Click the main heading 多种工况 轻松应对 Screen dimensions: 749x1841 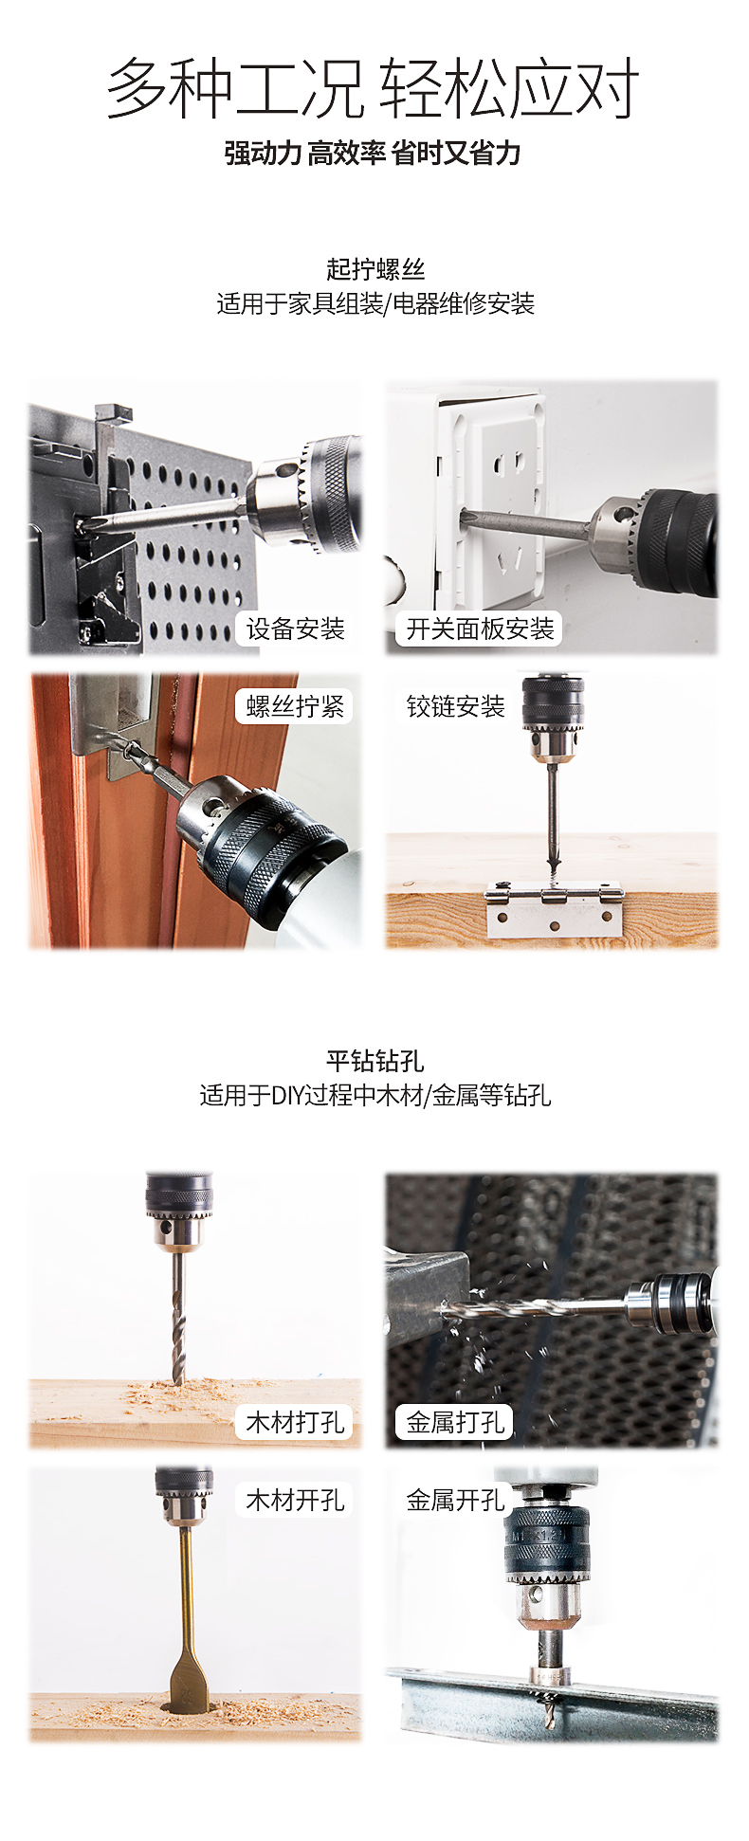coord(373,88)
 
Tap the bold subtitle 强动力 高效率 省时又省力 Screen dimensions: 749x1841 coord(373,153)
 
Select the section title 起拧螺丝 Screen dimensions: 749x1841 coord(375,269)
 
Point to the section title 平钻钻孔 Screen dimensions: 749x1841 coord(375,1061)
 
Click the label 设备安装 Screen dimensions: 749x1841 coord(295,629)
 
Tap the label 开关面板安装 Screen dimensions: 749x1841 coord(480,629)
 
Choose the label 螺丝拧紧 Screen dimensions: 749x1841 coord(295,706)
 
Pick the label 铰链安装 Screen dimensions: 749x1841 coord(455,706)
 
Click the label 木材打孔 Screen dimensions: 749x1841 coord(295,1422)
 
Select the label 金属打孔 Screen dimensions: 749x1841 coord(455,1422)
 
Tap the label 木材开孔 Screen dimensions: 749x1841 coord(295,1500)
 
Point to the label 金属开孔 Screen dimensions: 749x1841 coord(455,1500)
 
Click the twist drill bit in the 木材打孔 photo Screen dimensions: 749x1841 coord(178,1317)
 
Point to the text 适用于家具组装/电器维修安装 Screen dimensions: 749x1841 coord(375,303)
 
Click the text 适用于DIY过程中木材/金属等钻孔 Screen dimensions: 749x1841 coord(375,1096)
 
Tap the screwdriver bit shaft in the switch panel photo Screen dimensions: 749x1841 coord(525,524)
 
